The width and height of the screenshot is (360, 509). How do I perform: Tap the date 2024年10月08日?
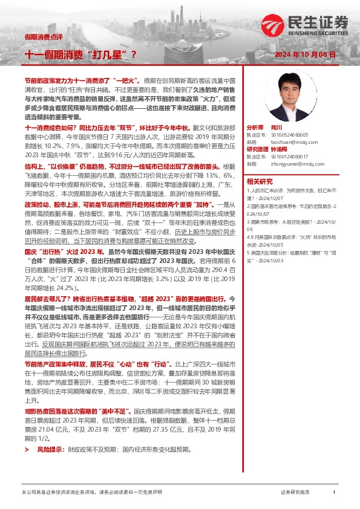[x=305, y=55]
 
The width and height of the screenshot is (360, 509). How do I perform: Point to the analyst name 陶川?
[x=277, y=128]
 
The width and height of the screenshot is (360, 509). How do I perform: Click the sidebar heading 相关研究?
[x=259, y=181]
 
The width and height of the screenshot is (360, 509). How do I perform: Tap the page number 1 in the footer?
[x=333, y=493]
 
